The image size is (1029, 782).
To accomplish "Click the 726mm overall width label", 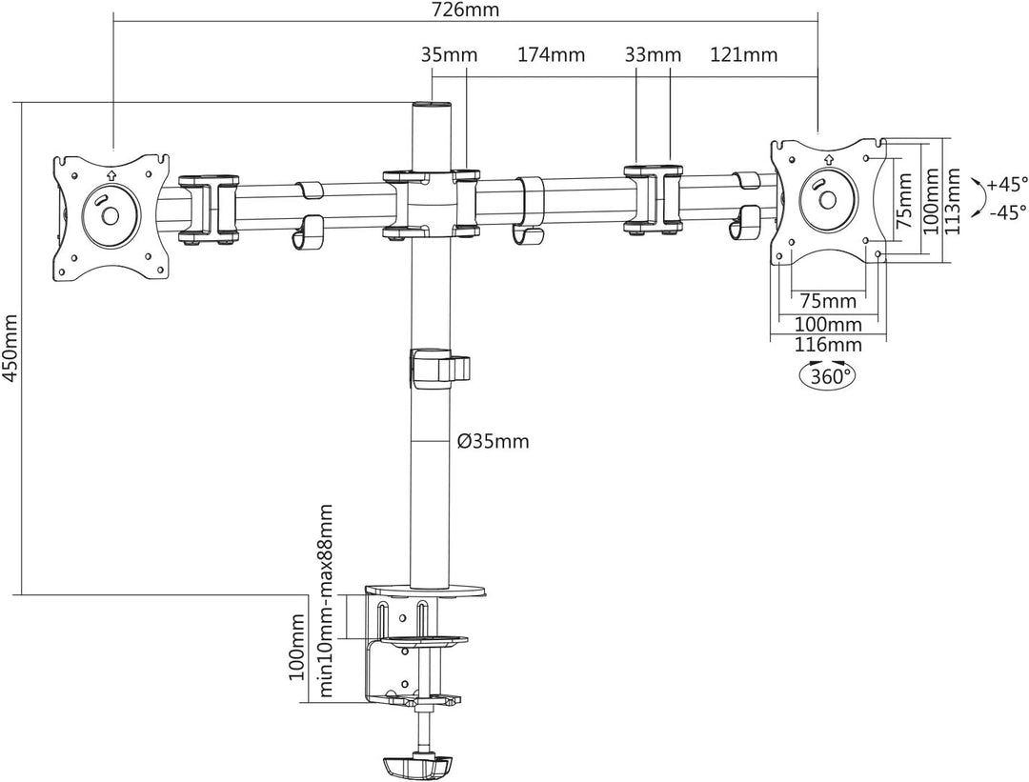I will tap(466, 10).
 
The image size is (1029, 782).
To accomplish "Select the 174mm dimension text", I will tap(551, 54).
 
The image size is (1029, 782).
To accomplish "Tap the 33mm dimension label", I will tap(654, 54).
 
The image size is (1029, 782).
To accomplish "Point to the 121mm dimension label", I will tap(744, 54).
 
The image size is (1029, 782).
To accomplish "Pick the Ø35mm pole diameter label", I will tap(493, 441).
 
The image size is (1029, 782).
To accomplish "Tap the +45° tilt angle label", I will tap(1006, 184).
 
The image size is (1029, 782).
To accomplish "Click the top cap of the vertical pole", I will tap(431, 106).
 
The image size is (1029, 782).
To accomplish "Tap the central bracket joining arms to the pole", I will tap(431, 203).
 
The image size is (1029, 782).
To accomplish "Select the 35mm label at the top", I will tap(449, 54).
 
